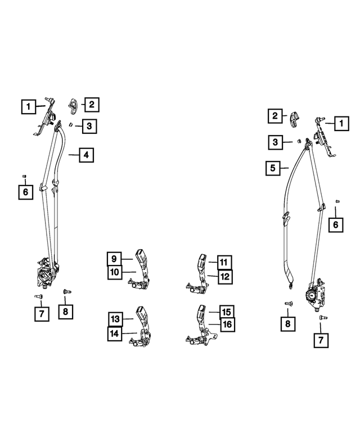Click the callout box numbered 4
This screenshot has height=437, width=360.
(x=87, y=155)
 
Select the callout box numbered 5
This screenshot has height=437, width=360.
(x=272, y=168)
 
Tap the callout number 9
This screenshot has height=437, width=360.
(x=114, y=259)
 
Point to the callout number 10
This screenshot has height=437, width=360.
(x=114, y=273)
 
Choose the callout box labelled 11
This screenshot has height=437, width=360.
(x=223, y=262)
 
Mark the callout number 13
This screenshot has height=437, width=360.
(x=115, y=319)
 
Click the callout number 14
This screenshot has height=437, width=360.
(x=115, y=333)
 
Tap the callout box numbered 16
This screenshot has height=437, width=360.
(x=227, y=325)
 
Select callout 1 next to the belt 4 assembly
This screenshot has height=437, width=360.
(x=26, y=105)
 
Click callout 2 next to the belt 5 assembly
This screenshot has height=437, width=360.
(x=275, y=116)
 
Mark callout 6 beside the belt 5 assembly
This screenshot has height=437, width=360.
(x=336, y=225)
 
